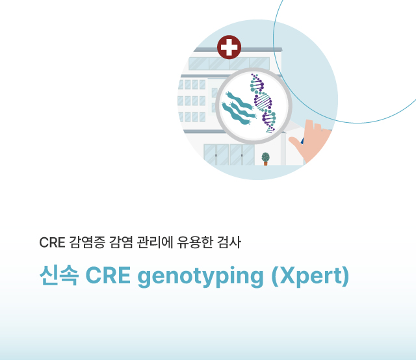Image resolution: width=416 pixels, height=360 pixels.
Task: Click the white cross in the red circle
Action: tap(229, 47)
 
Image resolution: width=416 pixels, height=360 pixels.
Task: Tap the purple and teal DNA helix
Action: tap(263, 103)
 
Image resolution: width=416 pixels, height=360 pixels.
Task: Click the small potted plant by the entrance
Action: tap(266, 159)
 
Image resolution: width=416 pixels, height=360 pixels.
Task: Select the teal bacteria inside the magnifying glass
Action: tap(238, 107)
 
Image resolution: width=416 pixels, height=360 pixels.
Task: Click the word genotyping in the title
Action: tap(200, 276)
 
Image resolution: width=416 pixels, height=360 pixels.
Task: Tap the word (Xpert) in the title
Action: tap(311, 276)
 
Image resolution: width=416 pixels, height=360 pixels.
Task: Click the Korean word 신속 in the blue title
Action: tap(59, 275)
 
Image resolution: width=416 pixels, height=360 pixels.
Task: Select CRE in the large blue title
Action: tap(108, 276)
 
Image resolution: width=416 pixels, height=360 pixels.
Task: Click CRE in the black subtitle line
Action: tap(52, 242)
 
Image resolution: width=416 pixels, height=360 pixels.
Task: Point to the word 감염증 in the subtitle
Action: tap(87, 242)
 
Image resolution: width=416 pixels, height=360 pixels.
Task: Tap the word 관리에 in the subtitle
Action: tap(155, 242)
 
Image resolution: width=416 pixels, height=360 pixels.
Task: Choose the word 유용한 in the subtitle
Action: tap(195, 242)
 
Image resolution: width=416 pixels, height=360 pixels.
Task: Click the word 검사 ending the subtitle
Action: tap(229, 242)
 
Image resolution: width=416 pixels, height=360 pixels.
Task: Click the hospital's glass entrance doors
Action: tap(229, 155)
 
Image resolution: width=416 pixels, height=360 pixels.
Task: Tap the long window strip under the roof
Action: tap(229, 64)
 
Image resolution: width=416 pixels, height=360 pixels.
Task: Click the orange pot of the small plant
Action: tap(266, 163)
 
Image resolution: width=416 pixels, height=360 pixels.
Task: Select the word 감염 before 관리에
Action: tap(121, 242)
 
